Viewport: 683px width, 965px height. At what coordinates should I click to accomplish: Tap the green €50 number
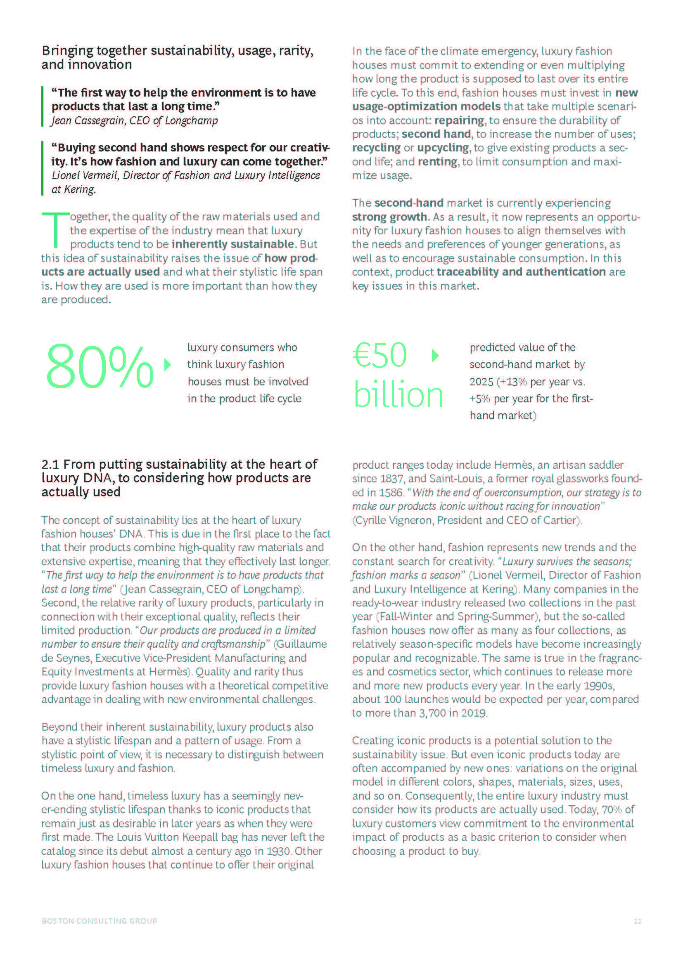[x=379, y=355]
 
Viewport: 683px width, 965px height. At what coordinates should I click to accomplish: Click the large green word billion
[x=398, y=395]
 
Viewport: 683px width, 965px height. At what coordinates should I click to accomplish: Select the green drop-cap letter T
[x=55, y=230]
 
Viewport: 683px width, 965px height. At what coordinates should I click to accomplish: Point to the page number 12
[x=637, y=921]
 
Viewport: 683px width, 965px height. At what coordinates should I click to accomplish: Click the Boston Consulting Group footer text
[x=99, y=921]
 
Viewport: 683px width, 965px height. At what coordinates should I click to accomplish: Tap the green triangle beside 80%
[x=167, y=364]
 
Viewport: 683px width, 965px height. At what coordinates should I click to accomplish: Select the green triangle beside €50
[x=435, y=356]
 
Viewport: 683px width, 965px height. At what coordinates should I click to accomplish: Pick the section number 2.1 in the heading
[x=50, y=465]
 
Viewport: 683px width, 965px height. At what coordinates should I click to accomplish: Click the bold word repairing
[x=459, y=120]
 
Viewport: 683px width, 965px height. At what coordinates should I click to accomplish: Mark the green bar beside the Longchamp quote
[x=43, y=106]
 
